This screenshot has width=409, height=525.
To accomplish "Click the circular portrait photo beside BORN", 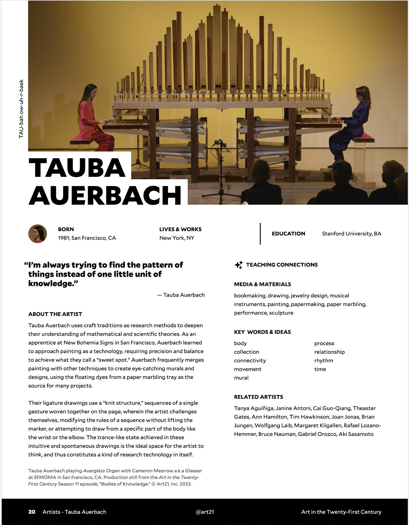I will click(x=38, y=234).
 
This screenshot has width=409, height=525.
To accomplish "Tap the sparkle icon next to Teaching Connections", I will click(x=239, y=265).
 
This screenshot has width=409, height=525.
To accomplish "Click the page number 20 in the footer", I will click(x=32, y=512).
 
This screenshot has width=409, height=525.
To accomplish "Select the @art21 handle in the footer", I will click(x=205, y=512).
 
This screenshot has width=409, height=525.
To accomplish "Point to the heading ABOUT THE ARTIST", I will click(x=55, y=314).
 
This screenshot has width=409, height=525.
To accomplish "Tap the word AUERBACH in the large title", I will click(x=105, y=195).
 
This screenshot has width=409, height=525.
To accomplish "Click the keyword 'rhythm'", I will click(x=324, y=361).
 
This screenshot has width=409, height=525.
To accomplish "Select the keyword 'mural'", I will click(x=241, y=378).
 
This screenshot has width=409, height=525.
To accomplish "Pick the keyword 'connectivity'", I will click(x=250, y=361).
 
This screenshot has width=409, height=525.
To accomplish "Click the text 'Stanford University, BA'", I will click(x=351, y=234).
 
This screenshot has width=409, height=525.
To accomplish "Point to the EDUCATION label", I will click(x=288, y=234).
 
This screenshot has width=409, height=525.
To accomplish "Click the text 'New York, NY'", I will click(x=177, y=238).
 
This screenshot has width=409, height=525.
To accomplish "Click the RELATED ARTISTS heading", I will click(x=258, y=397).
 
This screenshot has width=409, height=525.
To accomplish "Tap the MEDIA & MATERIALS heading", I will click(x=262, y=284).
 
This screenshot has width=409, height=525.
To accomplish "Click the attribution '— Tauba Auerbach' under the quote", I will click(x=181, y=295).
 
